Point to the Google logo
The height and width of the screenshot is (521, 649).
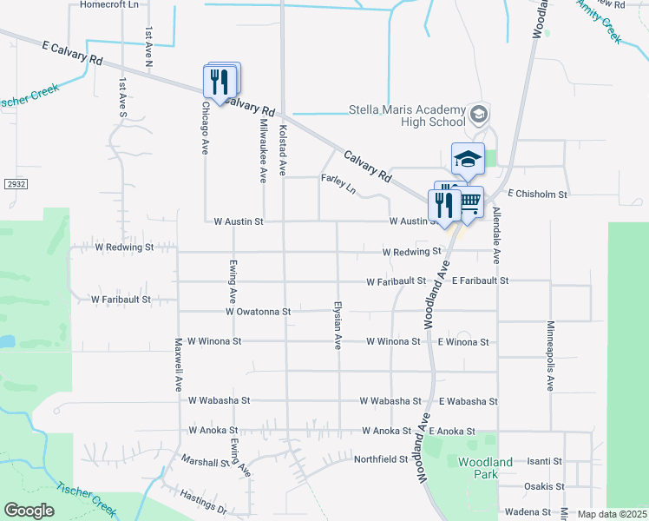tap(29, 511)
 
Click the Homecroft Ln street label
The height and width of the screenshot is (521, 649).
tap(109, 4)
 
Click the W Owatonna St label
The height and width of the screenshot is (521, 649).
tap(258, 311)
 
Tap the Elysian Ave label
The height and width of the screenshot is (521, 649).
tap(338, 326)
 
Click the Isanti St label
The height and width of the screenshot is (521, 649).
tap(545, 461)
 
